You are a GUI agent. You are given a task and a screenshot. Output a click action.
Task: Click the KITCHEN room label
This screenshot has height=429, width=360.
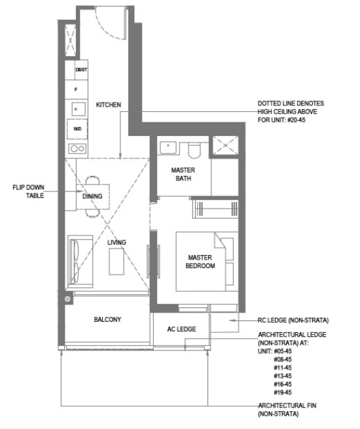click(109, 105)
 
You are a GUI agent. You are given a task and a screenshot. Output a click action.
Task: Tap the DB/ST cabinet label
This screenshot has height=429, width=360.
click(81, 70)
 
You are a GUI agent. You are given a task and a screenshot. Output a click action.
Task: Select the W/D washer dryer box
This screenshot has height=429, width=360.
click(77, 129)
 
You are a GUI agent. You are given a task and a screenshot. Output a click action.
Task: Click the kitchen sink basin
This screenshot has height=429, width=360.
click(79, 109)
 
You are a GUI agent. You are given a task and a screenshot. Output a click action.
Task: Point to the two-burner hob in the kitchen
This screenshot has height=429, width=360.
click(77, 148)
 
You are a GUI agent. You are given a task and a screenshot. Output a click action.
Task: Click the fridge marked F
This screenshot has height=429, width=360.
click(77, 90)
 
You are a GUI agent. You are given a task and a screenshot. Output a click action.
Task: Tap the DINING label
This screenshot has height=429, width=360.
click(92, 196)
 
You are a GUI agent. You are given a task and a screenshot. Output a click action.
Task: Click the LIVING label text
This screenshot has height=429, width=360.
click(117, 242)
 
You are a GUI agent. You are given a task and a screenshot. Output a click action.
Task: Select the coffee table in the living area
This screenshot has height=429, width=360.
click(117, 262)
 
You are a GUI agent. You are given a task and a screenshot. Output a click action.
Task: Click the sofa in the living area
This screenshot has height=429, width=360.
click(80, 261)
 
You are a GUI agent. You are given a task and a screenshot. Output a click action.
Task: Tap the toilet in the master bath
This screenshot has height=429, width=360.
click(194, 150)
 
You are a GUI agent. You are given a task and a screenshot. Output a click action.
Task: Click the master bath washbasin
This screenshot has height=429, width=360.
click(168, 148)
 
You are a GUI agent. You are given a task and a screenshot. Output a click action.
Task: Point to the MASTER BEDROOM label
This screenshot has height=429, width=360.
click(200, 262)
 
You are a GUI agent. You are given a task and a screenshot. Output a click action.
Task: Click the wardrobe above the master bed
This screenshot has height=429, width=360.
click(215, 209)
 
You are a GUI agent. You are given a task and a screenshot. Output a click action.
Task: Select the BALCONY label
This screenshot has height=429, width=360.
click(107, 320)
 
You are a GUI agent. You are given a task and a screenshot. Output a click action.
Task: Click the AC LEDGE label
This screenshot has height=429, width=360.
click(181, 329)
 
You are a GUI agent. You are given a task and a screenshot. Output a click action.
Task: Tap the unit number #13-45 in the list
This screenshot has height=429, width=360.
click(283, 376)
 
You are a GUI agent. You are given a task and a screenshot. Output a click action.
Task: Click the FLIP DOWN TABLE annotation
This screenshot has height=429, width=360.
click(28, 192)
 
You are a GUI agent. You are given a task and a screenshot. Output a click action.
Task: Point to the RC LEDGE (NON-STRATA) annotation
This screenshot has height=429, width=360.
click(293, 320)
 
